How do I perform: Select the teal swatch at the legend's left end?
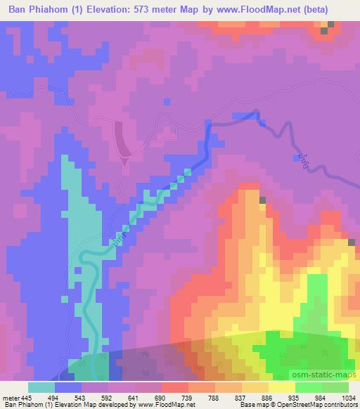tap(41, 387)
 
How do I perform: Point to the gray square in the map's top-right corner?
tap(324, 31)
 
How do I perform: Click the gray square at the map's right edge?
tap(351, 242)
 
